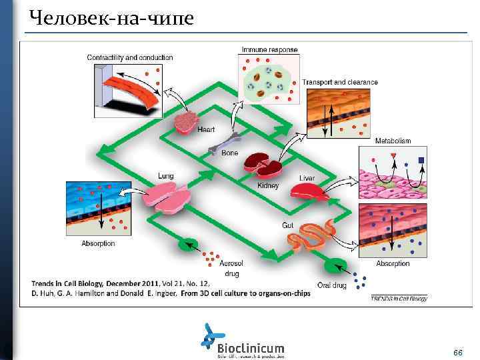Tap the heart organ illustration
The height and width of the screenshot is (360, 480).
[187, 121]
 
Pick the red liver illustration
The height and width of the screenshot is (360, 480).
[309, 191]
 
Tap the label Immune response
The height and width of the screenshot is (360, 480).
[269, 49]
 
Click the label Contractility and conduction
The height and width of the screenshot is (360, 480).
[130, 57]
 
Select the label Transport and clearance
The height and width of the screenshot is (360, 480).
[340, 83]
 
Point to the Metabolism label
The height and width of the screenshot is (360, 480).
[393, 141]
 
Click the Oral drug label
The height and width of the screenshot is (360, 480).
[331, 286]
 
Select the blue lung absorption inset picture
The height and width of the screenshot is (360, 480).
[96, 207]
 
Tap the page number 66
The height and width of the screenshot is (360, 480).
[457, 351]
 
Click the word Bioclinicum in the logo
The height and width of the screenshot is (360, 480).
[251, 348]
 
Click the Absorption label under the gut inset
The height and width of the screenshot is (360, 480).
[393, 264]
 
